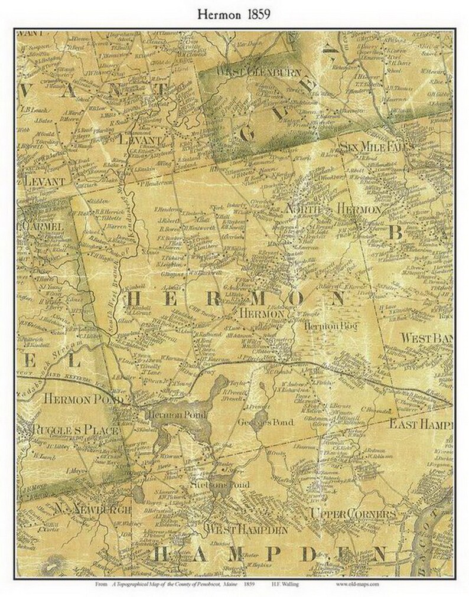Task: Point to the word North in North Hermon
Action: click(301, 209)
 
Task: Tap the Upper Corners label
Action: click(353, 514)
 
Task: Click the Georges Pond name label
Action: click(257, 423)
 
